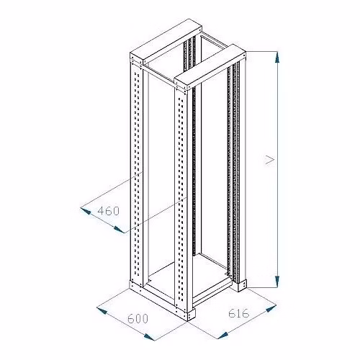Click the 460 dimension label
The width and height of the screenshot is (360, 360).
(109, 211)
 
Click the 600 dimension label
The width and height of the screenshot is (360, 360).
(138, 319)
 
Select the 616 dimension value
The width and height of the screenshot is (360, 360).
(239, 313)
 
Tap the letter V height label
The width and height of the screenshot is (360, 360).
(270, 160)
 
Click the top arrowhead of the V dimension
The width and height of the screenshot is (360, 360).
(277, 58)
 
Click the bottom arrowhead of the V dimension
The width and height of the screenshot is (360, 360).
(277, 282)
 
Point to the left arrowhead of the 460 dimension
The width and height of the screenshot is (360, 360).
(86, 211)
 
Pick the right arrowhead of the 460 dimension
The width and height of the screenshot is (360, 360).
(119, 230)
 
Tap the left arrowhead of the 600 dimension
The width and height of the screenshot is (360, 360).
(102, 310)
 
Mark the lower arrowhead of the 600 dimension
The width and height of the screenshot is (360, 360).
(149, 337)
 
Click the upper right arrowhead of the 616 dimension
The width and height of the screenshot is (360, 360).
(271, 308)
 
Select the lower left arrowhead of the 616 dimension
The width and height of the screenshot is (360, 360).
(222, 336)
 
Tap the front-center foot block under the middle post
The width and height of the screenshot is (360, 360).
(191, 314)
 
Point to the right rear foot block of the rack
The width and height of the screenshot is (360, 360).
(242, 285)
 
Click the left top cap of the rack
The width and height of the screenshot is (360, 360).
(166, 42)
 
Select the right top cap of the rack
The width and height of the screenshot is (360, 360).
(210, 67)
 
